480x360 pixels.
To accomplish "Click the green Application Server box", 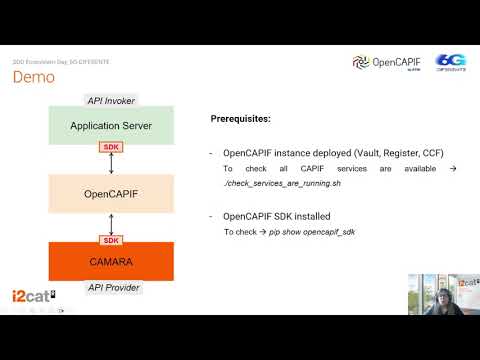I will pyautogui.click(x=111, y=126).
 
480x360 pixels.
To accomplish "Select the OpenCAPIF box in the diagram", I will pyautogui.click(x=111, y=193).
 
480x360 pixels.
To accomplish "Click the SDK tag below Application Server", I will pyautogui.click(x=111, y=148).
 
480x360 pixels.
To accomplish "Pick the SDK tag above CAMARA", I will pyautogui.click(x=111, y=240).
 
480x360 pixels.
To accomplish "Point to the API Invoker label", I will pyautogui.click(x=111, y=101).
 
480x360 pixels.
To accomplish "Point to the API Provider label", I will pyautogui.click(x=111, y=287).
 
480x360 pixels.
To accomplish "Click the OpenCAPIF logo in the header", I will pyautogui.click(x=387, y=62).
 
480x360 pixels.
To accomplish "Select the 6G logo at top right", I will pyautogui.click(x=449, y=62).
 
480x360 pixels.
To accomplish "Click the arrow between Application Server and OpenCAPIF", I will pyautogui.click(x=111, y=163).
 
